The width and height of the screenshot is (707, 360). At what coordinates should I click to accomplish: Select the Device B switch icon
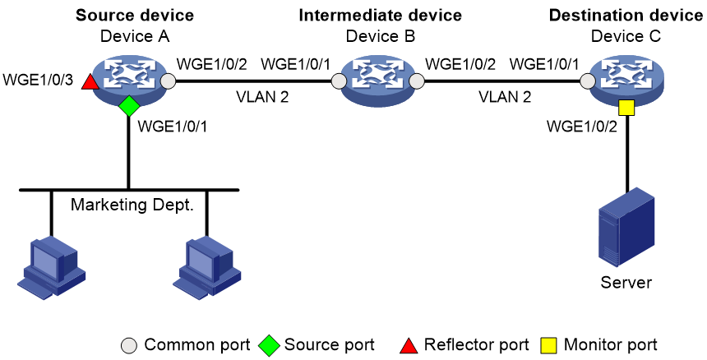coord(377,81)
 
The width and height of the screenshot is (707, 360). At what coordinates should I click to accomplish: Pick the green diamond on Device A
coord(129,106)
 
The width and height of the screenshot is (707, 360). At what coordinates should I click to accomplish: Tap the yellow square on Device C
coord(626,108)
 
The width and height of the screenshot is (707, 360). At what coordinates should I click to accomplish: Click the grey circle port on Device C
coord(587,81)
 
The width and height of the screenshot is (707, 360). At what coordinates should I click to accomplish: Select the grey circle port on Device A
coord(168,81)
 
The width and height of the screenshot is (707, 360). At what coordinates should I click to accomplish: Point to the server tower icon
coord(626,227)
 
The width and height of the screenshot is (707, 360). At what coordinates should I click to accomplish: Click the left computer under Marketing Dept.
coord(52,267)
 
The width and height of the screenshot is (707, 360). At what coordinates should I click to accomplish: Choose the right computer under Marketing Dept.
coord(207,267)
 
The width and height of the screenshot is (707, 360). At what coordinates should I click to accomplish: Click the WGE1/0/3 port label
coord(38,81)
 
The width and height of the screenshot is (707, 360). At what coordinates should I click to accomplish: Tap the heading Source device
coord(135,16)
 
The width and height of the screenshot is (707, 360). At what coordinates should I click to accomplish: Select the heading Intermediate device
coord(380,16)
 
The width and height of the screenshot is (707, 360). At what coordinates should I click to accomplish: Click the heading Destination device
coord(626,16)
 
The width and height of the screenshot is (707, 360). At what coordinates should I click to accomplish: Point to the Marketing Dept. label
coord(132,205)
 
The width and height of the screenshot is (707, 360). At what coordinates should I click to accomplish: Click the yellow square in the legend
coord(548,345)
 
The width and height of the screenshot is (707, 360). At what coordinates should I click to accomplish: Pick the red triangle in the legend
coord(409,345)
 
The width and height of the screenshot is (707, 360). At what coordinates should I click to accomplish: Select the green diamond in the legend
coord(269,345)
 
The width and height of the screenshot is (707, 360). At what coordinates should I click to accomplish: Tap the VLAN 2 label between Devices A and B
coord(262,96)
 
